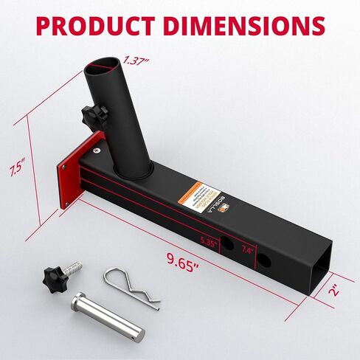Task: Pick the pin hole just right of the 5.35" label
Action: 229,245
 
